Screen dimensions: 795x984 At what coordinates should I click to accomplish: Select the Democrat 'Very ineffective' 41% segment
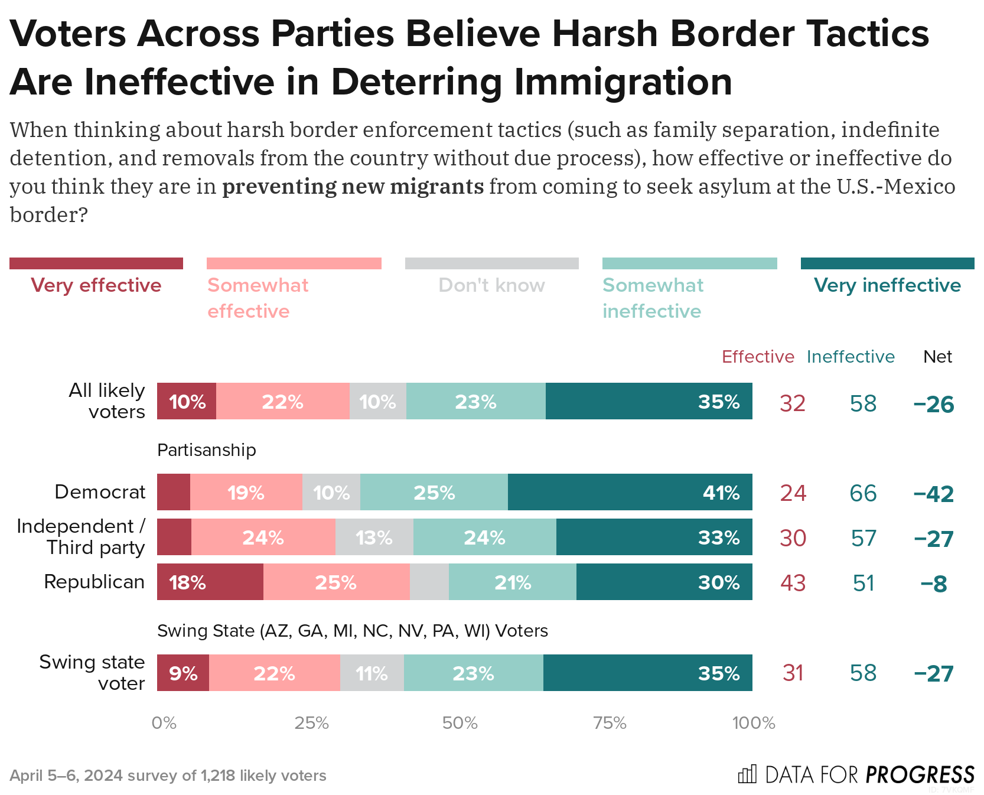[630, 492]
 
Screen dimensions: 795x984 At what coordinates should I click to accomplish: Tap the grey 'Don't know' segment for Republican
[429, 582]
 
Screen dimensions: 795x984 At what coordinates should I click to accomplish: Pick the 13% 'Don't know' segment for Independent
[374, 537]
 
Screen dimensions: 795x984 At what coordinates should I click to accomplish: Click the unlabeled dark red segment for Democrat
[174, 492]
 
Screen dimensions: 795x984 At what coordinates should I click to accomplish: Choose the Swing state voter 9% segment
[183, 673]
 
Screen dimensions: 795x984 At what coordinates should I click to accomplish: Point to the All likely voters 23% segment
[475, 402]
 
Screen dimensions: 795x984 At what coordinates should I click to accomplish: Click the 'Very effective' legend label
[96, 285]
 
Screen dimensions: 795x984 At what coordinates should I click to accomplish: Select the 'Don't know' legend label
[491, 285]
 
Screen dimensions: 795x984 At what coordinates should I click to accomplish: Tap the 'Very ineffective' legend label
[887, 285]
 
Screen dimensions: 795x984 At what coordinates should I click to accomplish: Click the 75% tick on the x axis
[610, 723]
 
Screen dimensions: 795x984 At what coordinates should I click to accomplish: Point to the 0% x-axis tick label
[164, 723]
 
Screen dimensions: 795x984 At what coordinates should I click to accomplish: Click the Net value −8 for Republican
[934, 584]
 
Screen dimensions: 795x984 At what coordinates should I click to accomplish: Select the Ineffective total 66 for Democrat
[863, 493]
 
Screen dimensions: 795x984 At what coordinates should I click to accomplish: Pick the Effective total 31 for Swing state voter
[793, 673]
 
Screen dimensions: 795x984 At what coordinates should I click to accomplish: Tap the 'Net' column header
[937, 357]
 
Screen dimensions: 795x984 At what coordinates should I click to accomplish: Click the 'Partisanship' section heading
[207, 450]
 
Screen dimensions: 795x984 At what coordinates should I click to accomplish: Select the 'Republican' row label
[95, 582]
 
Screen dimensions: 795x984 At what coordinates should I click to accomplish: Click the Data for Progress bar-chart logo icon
[747, 774]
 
